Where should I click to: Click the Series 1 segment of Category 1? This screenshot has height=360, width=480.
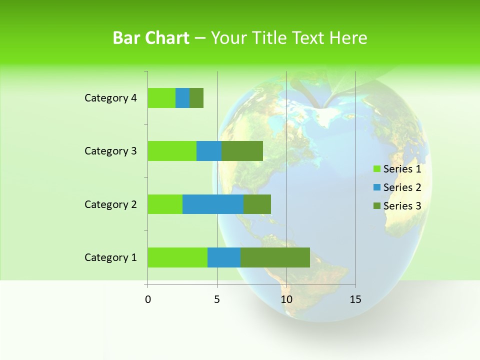coord(177,257)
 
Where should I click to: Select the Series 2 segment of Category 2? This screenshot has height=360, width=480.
coord(213,204)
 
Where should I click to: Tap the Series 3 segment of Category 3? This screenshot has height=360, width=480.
coord(242,151)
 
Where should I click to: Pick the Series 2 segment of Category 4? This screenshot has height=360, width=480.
coord(182,98)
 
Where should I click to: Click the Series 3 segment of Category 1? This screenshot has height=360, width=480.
coord(275,257)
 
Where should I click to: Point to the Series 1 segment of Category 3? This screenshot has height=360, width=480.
coord(172,151)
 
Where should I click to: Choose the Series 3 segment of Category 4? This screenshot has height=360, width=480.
coord(196,98)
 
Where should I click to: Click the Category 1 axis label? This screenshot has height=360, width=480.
coord(110,257)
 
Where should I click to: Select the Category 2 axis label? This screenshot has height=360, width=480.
coord(110,204)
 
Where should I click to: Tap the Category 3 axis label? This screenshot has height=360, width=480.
coord(110,151)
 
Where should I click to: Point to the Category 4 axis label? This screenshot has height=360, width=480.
coord(110,98)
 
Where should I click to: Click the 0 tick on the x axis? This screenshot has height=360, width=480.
coord(148,299)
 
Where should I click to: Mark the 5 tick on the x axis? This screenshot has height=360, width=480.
coord(217,299)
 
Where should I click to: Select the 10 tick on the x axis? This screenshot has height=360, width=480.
coord(286,299)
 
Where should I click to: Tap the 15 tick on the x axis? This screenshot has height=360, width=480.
coord(355,299)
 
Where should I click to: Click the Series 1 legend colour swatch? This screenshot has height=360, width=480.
coord(376,169)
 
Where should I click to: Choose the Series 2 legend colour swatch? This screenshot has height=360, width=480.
coord(376,187)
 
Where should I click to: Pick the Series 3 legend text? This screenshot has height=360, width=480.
coord(402,206)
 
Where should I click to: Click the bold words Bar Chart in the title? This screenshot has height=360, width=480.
coord(151,38)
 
